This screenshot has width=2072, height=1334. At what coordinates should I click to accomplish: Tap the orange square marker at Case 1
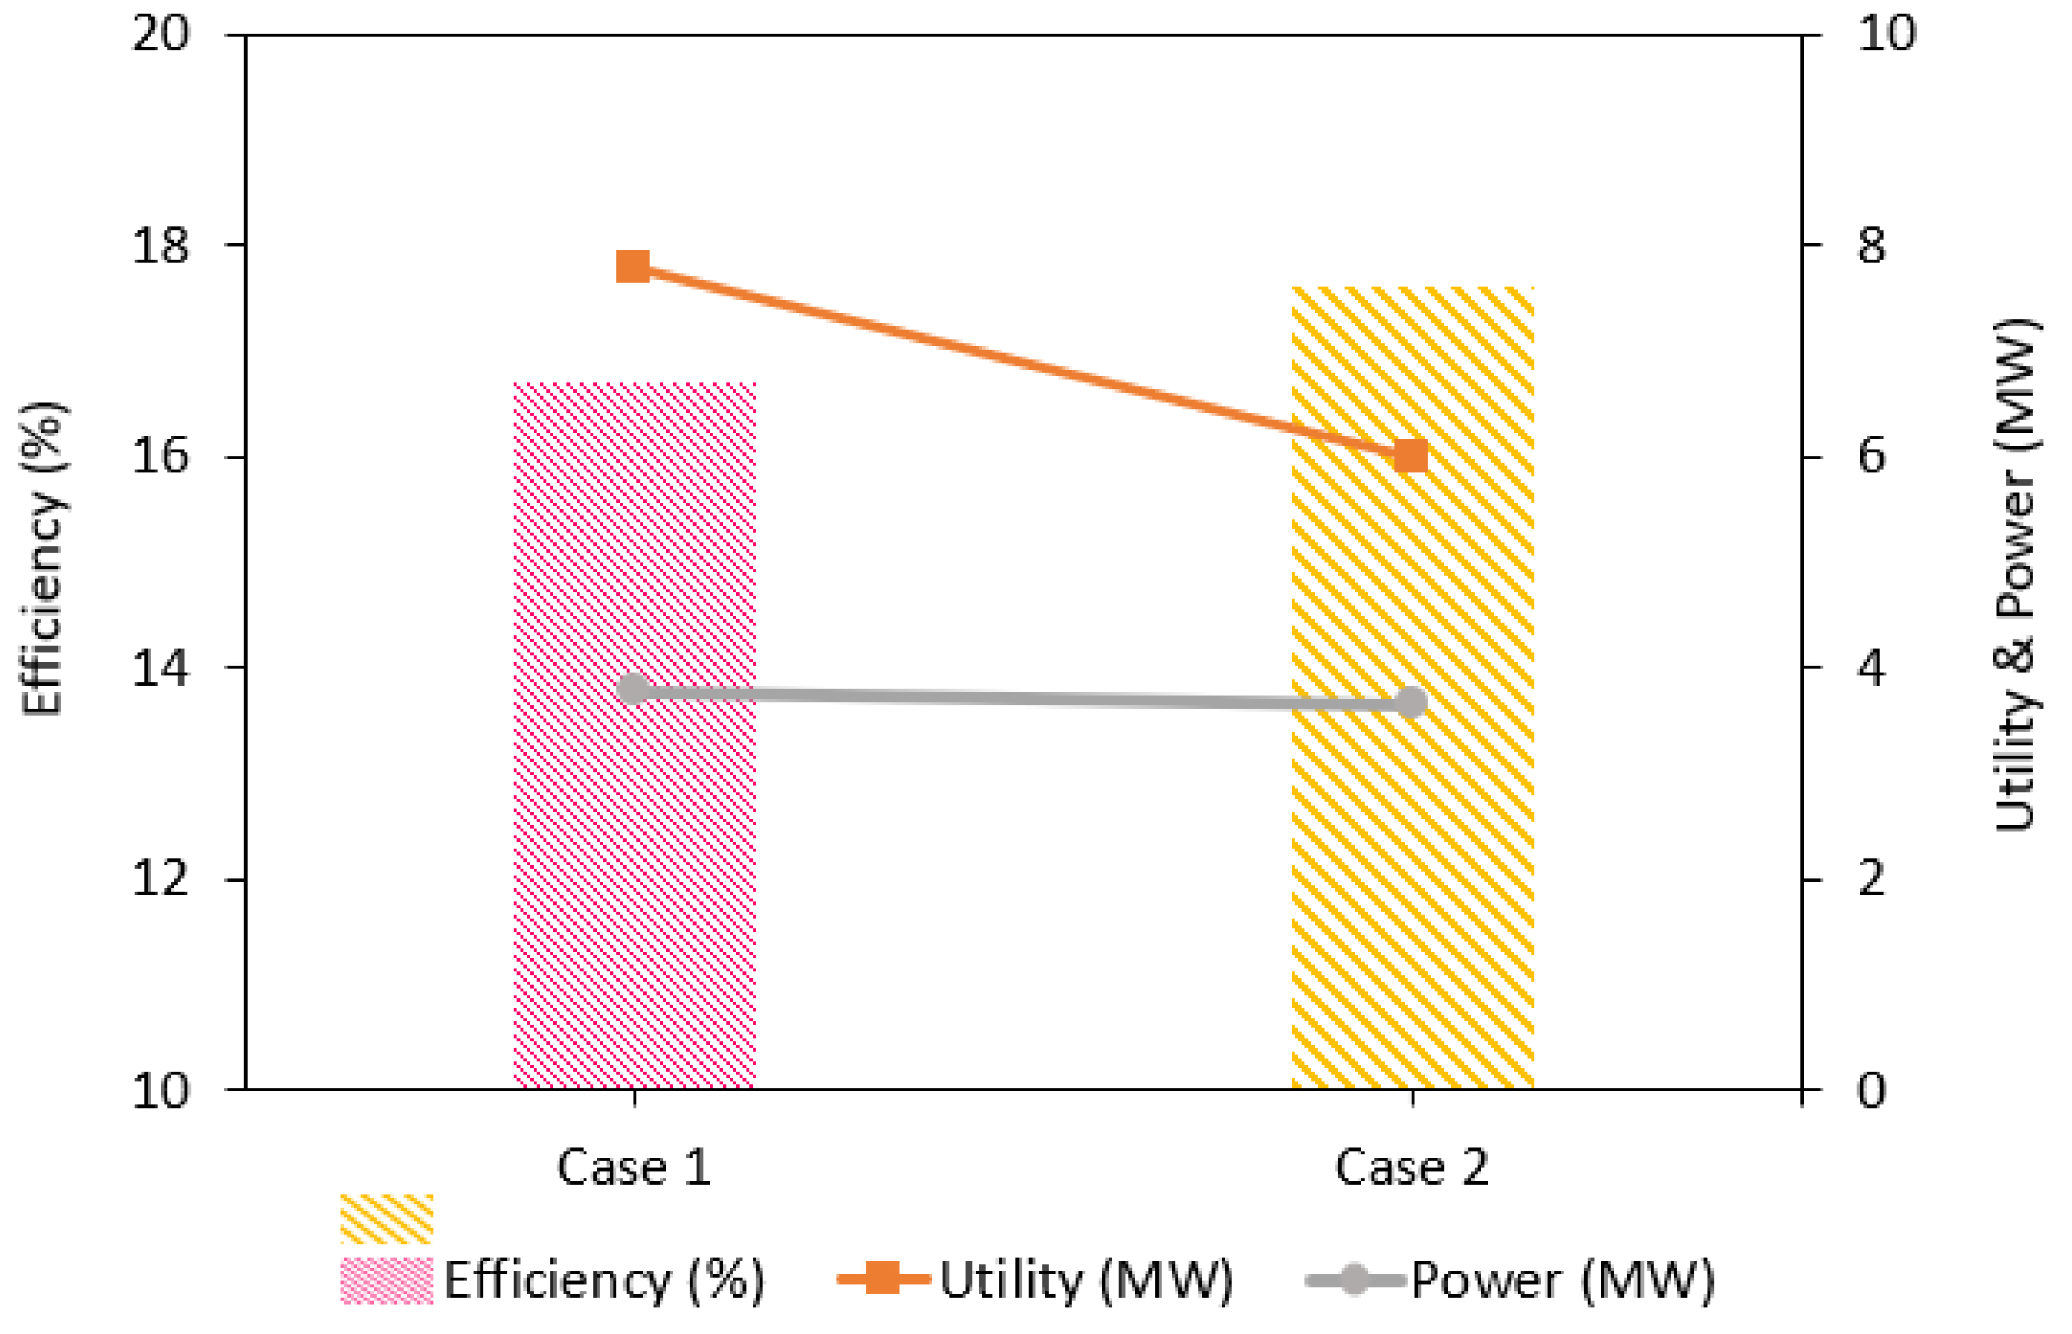click(633, 266)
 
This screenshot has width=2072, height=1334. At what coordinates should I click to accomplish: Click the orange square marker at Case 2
click(1412, 456)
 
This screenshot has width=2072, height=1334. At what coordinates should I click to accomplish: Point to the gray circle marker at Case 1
click(633, 690)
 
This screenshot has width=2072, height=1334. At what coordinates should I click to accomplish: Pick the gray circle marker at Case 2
click(1412, 702)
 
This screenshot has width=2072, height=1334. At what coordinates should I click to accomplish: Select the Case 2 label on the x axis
click(1412, 1167)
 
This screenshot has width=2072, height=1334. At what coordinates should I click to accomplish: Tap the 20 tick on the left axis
click(161, 35)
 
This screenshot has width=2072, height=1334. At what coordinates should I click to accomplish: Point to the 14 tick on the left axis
click(161, 669)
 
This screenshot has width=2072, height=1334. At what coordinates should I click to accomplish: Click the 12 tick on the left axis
click(161, 879)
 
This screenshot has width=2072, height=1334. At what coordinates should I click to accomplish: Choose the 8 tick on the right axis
click(1872, 246)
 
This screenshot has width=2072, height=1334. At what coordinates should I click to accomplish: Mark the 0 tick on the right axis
click(1872, 1090)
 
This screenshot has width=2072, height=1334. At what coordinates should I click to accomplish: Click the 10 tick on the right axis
click(1886, 35)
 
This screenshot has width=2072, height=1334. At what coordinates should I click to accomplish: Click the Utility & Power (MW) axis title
click(2016, 576)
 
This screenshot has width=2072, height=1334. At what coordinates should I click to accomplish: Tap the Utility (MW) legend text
click(1086, 1280)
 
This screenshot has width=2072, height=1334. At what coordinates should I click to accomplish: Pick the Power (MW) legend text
click(1563, 1280)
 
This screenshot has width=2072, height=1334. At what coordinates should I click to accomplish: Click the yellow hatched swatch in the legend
click(386, 1219)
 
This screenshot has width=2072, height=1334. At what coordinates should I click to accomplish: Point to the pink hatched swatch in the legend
click(386, 1280)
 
